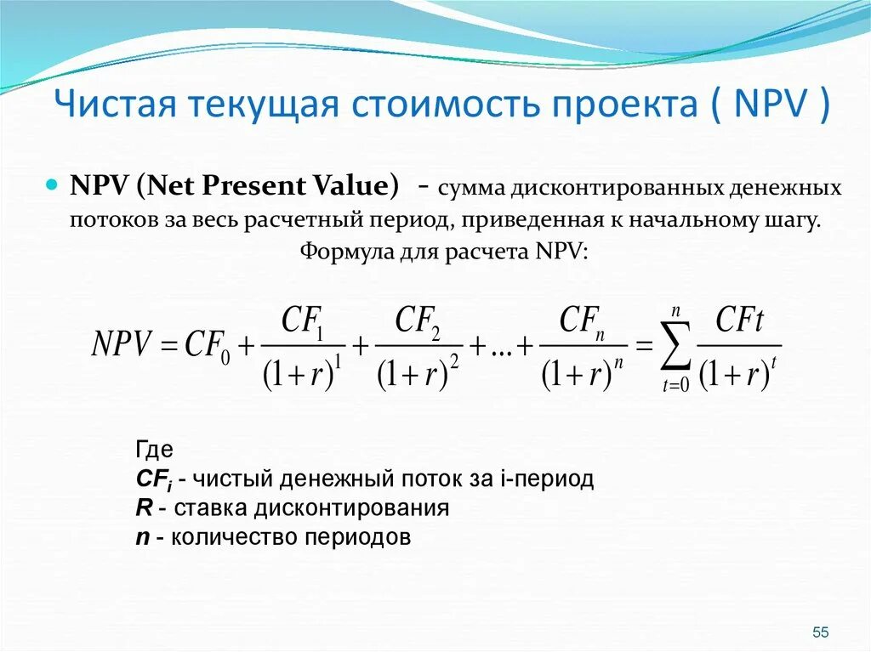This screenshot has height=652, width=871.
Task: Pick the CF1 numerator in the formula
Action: [301, 322]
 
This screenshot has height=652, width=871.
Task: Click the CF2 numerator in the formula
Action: [417, 322]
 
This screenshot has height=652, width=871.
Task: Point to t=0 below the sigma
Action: [675, 386]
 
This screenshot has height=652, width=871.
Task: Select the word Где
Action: [155, 450]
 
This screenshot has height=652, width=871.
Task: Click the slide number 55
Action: [820, 632]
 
